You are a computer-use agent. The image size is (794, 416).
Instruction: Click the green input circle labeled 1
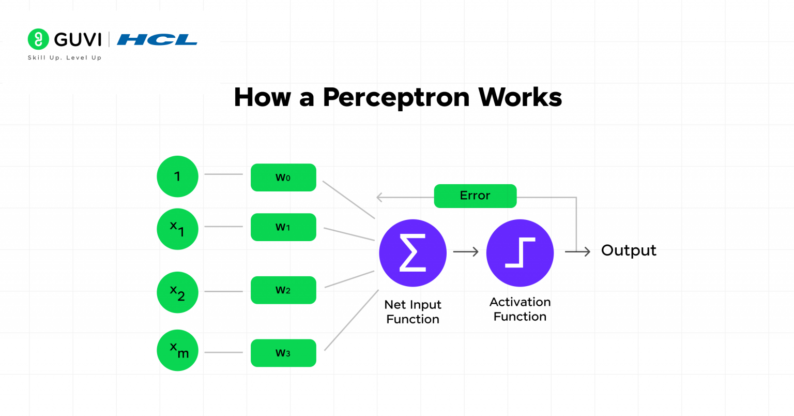coord(177,176)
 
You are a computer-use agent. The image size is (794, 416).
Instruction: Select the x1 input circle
coord(177,229)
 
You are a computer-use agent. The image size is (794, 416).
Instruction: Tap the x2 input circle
coord(177,292)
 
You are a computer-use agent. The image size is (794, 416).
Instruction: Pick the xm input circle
coord(177,350)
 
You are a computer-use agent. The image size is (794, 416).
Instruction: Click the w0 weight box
coord(283,177)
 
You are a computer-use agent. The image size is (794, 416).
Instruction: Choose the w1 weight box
coord(283,227)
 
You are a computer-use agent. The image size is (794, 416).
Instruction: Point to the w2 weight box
coord(283,290)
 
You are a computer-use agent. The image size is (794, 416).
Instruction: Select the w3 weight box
coord(283,353)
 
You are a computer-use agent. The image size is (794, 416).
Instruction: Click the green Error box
coord(475,196)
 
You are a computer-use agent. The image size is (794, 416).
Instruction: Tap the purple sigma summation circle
coord(413,253)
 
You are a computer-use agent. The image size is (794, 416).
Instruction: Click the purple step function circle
coord(520,253)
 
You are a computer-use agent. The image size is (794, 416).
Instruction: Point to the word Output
coord(629,250)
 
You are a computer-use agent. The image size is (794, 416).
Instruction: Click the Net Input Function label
coord(413,312)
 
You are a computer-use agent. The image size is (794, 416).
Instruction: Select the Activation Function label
coord(520,309)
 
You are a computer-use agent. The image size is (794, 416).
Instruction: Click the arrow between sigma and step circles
coord(466,252)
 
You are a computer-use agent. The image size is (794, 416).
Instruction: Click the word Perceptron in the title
coord(396,97)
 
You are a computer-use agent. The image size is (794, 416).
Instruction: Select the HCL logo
coord(157,40)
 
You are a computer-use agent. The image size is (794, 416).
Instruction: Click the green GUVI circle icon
coord(38,39)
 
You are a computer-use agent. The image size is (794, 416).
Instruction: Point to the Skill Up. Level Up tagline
coord(65,58)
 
